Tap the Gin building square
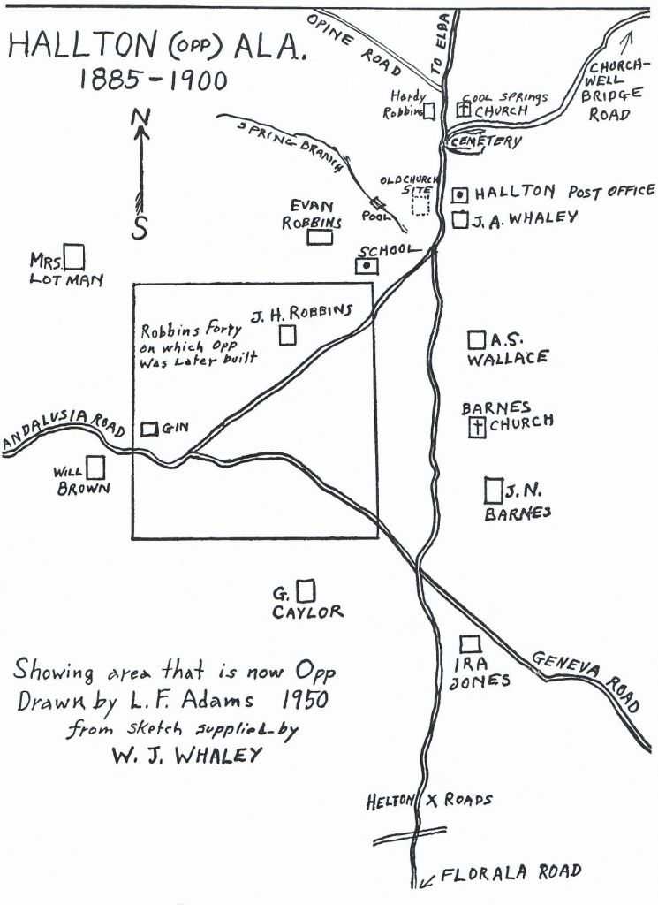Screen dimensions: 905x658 pyautogui.click(x=150, y=429)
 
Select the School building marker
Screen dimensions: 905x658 pyautogui.click(x=367, y=265)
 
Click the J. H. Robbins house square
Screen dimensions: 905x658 pyautogui.click(x=287, y=336)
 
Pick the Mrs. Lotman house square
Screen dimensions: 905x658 pyautogui.click(x=76, y=257)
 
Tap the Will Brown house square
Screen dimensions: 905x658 pyautogui.click(x=95, y=467)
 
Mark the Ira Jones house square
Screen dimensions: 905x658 pyautogui.click(x=471, y=644)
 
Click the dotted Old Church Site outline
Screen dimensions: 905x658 pyautogui.click(x=421, y=204)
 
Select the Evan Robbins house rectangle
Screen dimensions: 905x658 pyautogui.click(x=321, y=236)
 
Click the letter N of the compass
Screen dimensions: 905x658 pyautogui.click(x=140, y=117)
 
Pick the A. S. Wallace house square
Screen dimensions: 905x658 pyautogui.click(x=476, y=339)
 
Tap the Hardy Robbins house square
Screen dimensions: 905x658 pyautogui.click(x=429, y=111)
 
